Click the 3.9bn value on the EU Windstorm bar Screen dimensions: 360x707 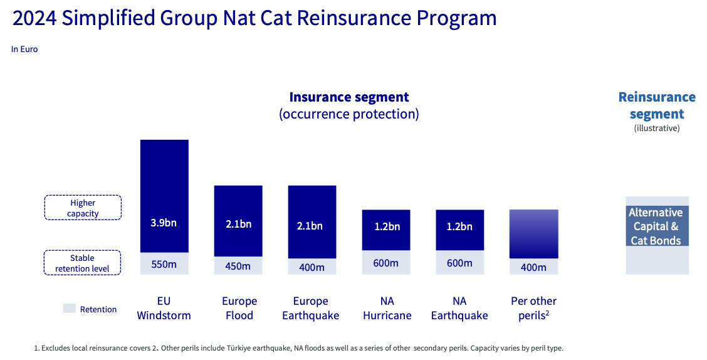pyautogui.click(x=164, y=223)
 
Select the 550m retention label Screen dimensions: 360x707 pyautogui.click(x=164, y=264)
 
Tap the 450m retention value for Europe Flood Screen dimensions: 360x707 pyautogui.click(x=238, y=266)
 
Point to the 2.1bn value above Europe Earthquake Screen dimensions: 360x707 pyautogui.click(x=312, y=226)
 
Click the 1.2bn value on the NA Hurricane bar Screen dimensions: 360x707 pyautogui.click(x=386, y=226)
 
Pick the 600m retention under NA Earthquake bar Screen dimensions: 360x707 pyautogui.click(x=460, y=263)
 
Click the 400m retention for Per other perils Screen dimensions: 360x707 pyautogui.click(x=533, y=267)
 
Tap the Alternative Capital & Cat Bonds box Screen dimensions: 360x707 pyautogui.click(x=656, y=226)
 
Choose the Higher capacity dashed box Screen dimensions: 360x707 pyautogui.click(x=83, y=208)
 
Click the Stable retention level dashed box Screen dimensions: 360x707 pyautogui.click(x=83, y=263)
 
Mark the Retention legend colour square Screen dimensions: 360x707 pyautogui.click(x=69, y=309)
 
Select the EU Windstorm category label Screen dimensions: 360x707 pyautogui.click(x=164, y=308)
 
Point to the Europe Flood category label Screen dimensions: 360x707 pyautogui.click(x=239, y=308)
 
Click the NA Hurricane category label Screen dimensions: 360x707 pyautogui.click(x=387, y=308)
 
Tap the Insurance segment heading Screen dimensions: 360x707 pyautogui.click(x=348, y=97)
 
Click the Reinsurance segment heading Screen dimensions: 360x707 pyautogui.click(x=656, y=105)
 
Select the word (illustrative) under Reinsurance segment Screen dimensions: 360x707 pyautogui.click(x=656, y=128)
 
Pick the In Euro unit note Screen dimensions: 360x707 pyautogui.click(x=24, y=49)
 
